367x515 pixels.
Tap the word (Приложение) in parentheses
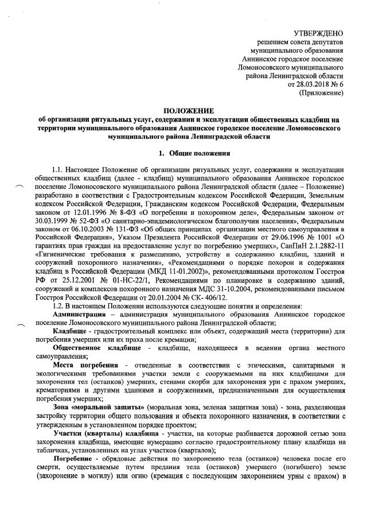[322, 92]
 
